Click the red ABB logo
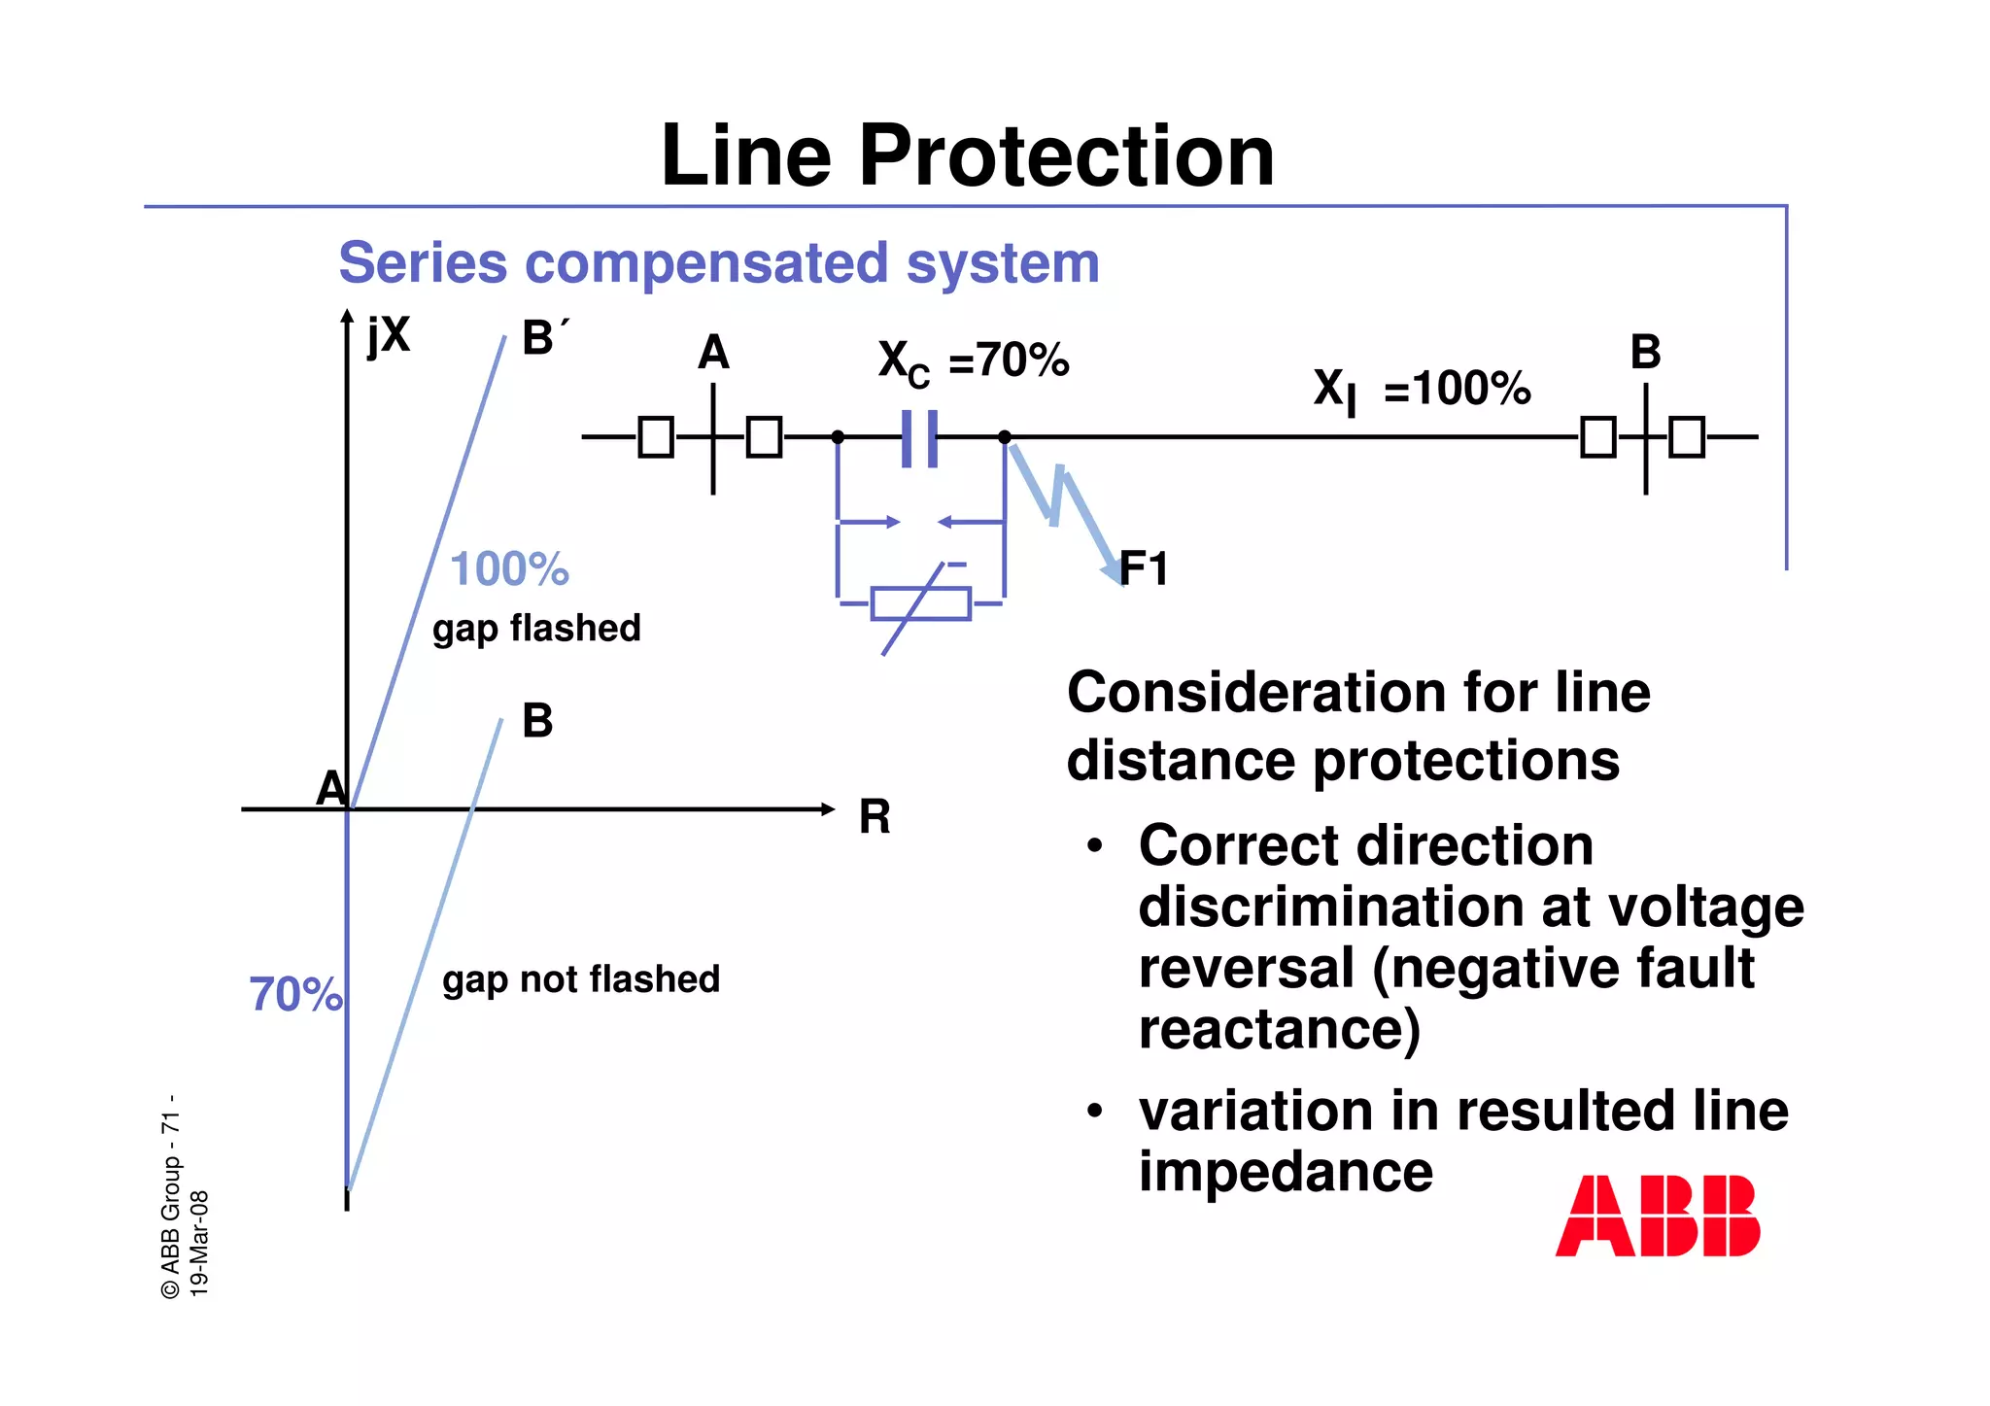click(x=1657, y=1216)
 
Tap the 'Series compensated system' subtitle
click(x=718, y=262)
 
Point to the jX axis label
click(x=389, y=336)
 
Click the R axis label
click(x=875, y=817)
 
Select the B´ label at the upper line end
click(x=544, y=338)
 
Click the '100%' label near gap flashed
click(x=509, y=568)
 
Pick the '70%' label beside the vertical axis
click(x=295, y=994)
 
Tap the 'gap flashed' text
click(x=536, y=629)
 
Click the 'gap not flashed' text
click(x=581, y=979)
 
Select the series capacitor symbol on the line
click(x=919, y=438)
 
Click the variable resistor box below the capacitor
click(x=920, y=603)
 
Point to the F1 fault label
click(x=1144, y=568)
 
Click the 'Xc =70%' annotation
click(x=973, y=362)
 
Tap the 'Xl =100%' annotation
click(x=1422, y=390)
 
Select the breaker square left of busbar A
click(x=656, y=437)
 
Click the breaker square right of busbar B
click(x=1687, y=437)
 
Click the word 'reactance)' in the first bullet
click(x=1279, y=1029)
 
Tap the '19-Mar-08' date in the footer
click(x=198, y=1243)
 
